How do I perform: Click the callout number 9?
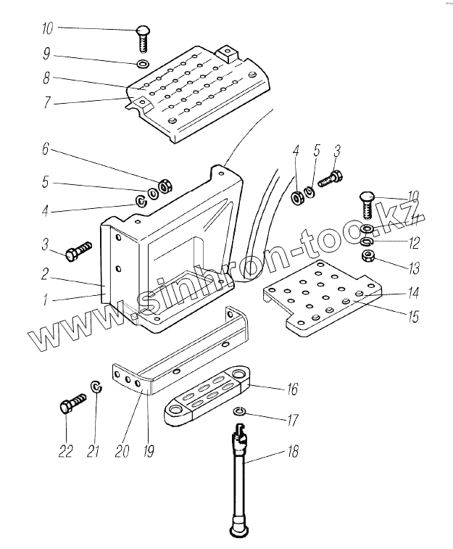tap(46, 54)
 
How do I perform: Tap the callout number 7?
tap(47, 102)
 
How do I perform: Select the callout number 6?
tap(46, 149)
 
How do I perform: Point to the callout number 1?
tap(45, 300)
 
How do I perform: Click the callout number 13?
tap(414, 268)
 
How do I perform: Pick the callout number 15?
tap(413, 316)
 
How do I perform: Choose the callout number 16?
tap(292, 389)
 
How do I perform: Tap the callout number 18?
tap(292, 451)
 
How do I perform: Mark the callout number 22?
tap(65, 451)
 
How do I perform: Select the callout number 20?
tap(122, 451)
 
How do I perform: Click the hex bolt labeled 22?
tap(72, 403)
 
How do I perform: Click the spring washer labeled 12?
tap(367, 242)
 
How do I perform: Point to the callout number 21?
tap(93, 451)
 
